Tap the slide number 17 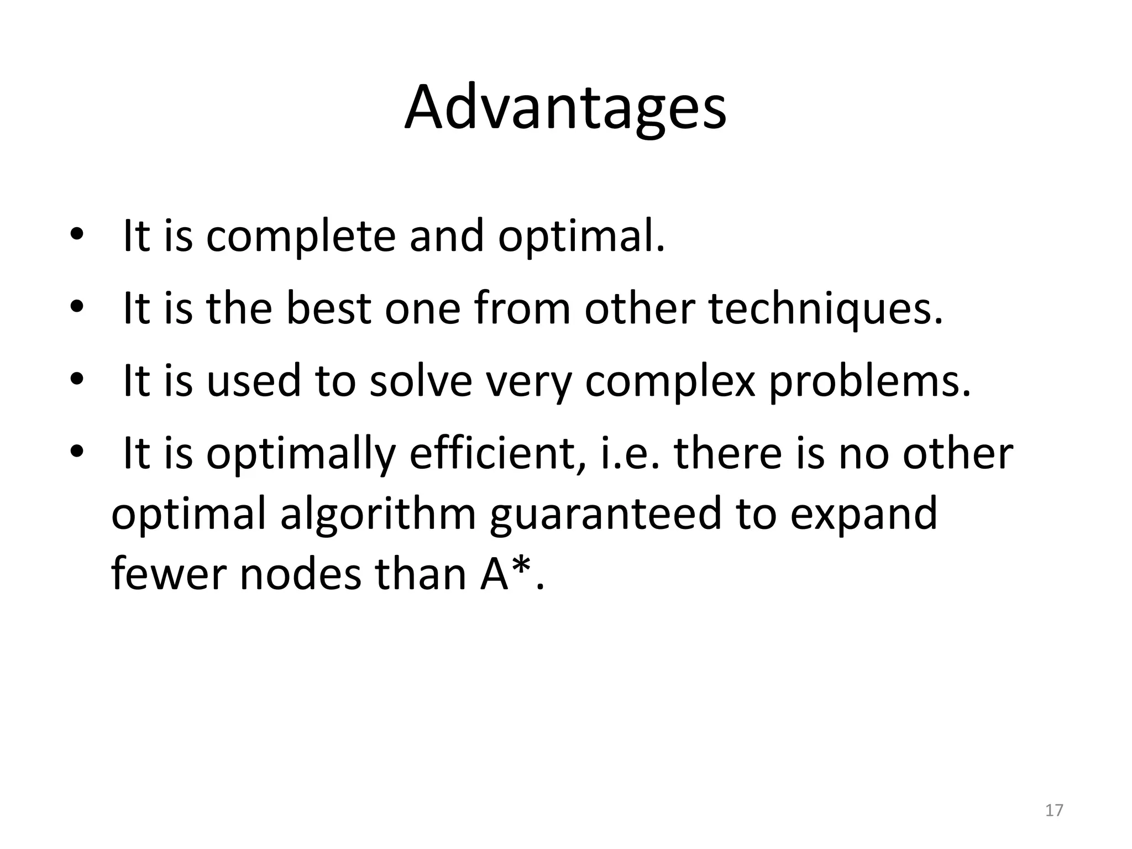pos(1054,810)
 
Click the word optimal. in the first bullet pos(581,236)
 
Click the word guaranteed pos(606,514)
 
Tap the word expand pos(863,514)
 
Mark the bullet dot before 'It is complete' pos(76,236)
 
